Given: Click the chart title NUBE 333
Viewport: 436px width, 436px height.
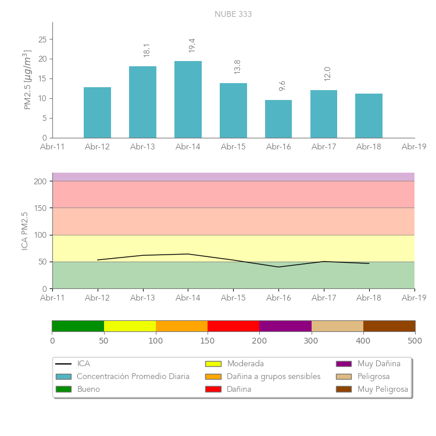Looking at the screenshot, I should point(233,14).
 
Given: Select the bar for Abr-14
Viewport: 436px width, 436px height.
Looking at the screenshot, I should point(188,99).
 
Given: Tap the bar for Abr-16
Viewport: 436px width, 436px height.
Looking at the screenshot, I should point(278,119).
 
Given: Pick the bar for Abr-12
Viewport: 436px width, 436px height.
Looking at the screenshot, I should point(97,112).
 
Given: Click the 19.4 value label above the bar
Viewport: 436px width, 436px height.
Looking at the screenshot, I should point(192,45).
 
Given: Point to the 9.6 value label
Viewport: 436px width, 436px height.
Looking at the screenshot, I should point(283,85).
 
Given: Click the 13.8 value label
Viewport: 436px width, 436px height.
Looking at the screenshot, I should point(237,66).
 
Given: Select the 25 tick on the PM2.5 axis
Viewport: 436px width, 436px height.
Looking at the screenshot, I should point(42,40).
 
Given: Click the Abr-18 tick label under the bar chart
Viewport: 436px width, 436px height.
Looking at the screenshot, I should point(369,146).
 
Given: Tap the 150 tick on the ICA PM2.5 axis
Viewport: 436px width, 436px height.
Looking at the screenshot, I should point(41,208).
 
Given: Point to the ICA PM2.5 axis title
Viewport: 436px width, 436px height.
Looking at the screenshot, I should point(24,231).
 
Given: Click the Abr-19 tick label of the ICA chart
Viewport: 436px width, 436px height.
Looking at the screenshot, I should point(414,298).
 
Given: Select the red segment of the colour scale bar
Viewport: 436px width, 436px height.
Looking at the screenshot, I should point(233,326).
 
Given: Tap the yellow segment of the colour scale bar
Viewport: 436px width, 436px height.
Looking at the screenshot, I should point(130,326).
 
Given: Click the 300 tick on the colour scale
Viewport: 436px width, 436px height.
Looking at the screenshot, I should point(312,340).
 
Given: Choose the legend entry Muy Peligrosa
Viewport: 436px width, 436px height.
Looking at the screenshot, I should point(383,389).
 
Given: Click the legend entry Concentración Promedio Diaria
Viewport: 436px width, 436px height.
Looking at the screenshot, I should point(133,376).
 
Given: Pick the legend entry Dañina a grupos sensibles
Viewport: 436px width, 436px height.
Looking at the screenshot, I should point(273,376).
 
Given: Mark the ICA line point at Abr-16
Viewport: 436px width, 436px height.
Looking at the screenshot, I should point(278,267).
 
